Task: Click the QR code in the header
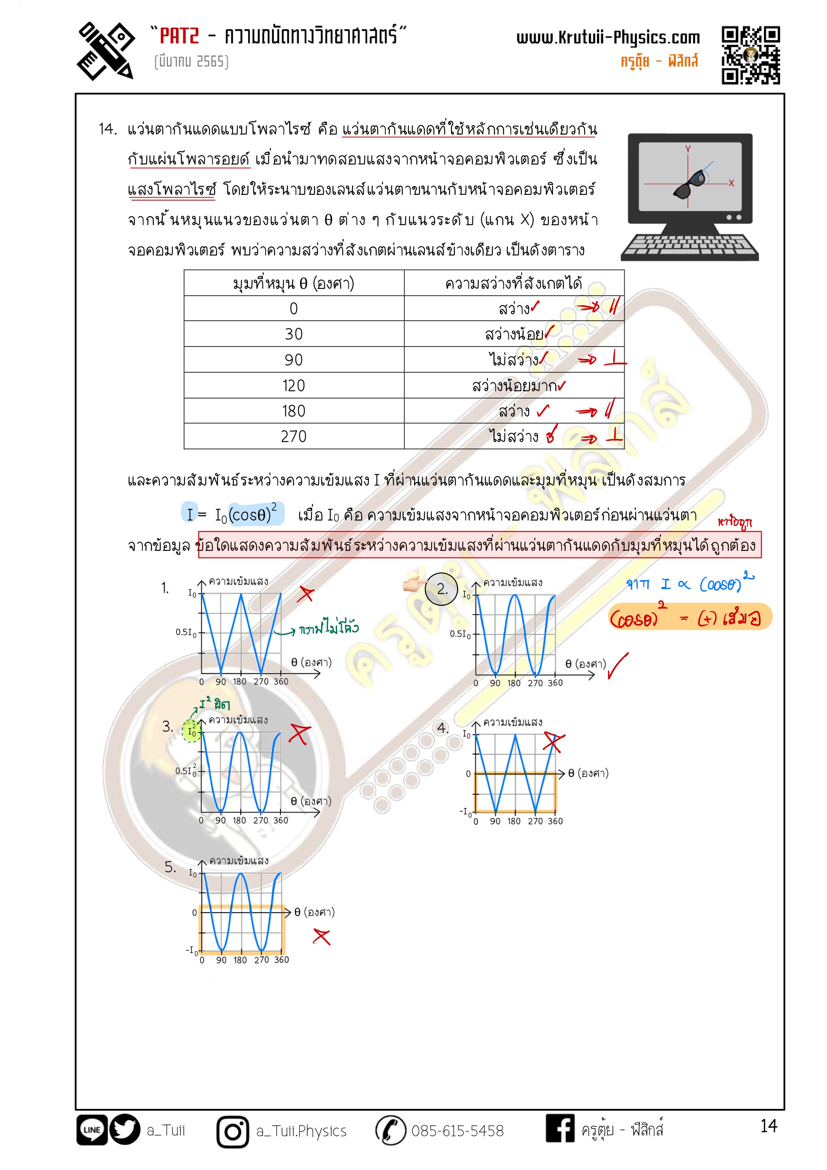pos(750,55)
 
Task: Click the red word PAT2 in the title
pos(179,36)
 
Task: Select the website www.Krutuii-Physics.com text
pos(608,38)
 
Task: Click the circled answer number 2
pos(441,589)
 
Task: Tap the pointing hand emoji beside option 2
pos(413,584)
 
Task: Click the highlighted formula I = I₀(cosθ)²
pos(232,514)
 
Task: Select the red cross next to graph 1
pos(306,594)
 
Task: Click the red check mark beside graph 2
pos(617,665)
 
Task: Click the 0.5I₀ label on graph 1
pos(185,632)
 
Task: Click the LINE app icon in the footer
pos(92,1130)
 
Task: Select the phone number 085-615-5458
pos(457,1131)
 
